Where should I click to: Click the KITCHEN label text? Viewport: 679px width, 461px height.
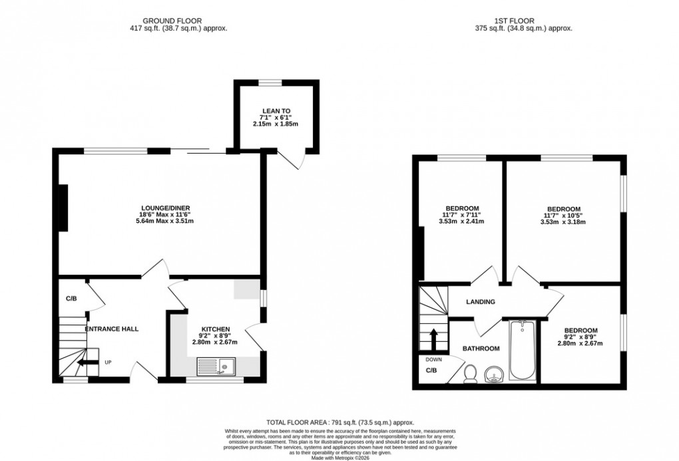(216, 329)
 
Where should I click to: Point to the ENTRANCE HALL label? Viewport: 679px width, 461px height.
(111, 329)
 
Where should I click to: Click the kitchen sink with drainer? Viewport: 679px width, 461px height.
(216, 365)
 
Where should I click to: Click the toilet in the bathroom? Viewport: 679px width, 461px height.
(471, 375)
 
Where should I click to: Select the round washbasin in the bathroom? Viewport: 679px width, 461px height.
(495, 374)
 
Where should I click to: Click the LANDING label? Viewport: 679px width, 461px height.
(481, 302)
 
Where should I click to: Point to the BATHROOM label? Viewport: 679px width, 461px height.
(481, 349)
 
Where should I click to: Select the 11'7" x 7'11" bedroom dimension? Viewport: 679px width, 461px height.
(461, 215)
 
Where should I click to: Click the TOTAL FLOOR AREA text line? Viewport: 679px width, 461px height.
(340, 422)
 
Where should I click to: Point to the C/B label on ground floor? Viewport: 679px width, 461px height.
(71, 299)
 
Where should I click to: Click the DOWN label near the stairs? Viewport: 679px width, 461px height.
(432, 360)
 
